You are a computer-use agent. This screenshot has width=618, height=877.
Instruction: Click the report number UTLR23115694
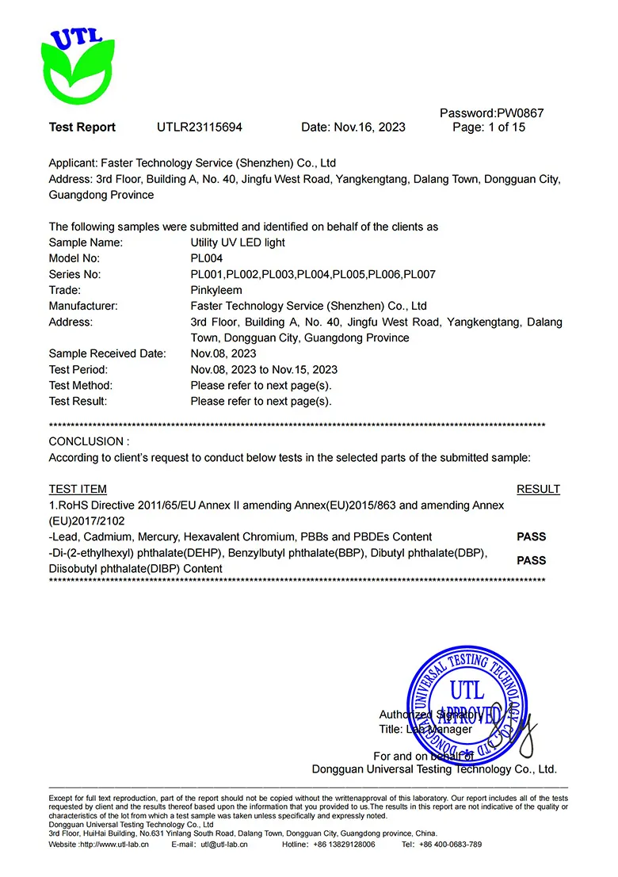point(200,128)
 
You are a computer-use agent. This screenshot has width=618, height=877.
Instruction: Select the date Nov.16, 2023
point(370,128)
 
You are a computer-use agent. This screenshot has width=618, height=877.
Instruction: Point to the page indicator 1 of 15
point(499,128)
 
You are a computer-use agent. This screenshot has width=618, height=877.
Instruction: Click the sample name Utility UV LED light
point(238,242)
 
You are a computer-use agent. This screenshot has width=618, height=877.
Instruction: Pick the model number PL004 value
point(207,258)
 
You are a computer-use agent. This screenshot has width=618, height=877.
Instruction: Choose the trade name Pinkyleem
point(216,290)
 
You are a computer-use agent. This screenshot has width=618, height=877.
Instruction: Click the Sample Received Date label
point(108,353)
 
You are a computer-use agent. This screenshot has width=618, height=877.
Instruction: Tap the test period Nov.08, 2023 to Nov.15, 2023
point(264,369)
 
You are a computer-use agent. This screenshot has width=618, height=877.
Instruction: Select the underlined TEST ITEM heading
point(78,489)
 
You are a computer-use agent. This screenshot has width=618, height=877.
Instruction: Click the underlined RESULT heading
point(538,489)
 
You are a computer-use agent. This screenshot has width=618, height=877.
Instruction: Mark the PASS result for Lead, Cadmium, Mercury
point(532,536)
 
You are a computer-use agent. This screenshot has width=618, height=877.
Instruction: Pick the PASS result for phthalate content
point(532,560)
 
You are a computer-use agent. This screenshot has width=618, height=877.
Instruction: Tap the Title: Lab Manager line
point(425,729)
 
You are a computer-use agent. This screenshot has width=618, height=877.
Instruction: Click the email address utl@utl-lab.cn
point(224,845)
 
